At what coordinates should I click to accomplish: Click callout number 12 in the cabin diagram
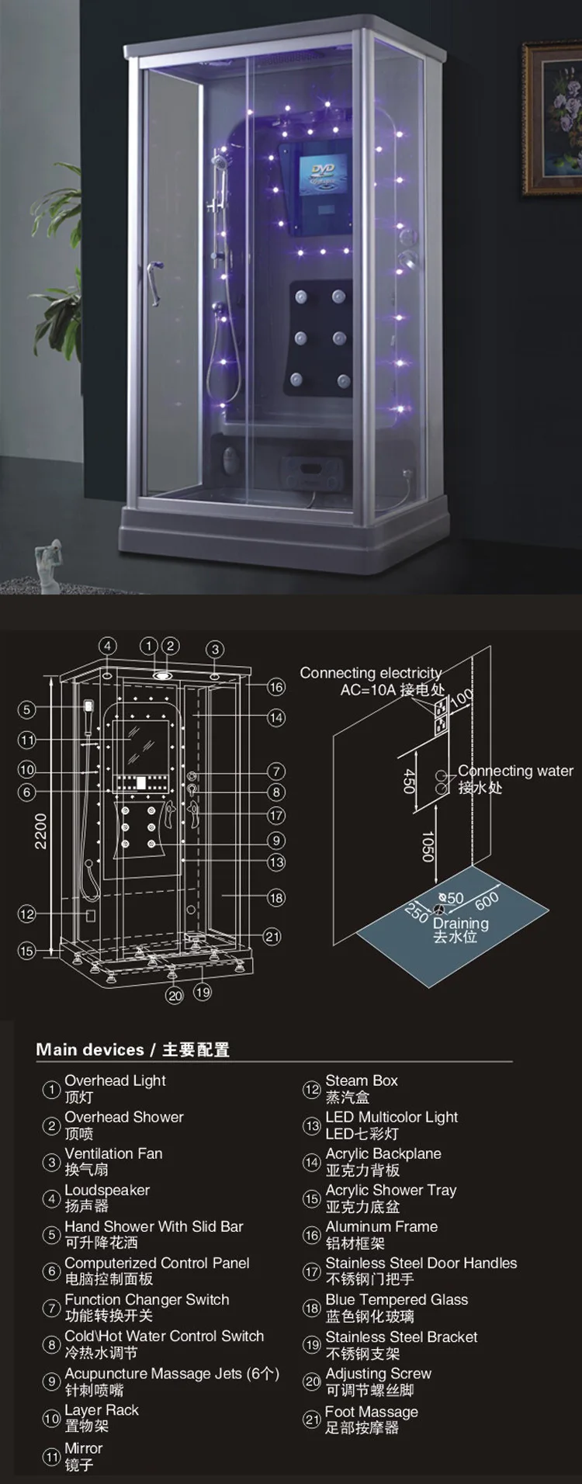pyautogui.click(x=27, y=914)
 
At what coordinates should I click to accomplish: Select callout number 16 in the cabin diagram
pyautogui.click(x=276, y=687)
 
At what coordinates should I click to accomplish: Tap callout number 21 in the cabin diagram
pyautogui.click(x=272, y=937)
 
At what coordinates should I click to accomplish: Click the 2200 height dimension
pyautogui.click(x=40, y=830)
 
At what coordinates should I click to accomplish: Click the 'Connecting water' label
pyautogui.click(x=515, y=771)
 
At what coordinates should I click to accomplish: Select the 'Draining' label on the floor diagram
pyautogui.click(x=460, y=923)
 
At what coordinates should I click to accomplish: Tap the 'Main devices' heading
pyautogui.click(x=90, y=1049)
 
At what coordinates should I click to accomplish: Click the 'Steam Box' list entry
pyautogui.click(x=361, y=1080)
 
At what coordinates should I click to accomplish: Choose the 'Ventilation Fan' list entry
pyautogui.click(x=113, y=1153)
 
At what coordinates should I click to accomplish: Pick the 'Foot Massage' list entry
pyautogui.click(x=371, y=1412)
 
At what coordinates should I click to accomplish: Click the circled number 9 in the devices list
pyautogui.click(x=51, y=1382)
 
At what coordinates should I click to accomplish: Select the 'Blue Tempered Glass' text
pyautogui.click(x=397, y=1299)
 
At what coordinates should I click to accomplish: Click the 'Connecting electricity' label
pyautogui.click(x=371, y=673)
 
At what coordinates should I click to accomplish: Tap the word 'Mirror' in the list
pyautogui.click(x=83, y=1448)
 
